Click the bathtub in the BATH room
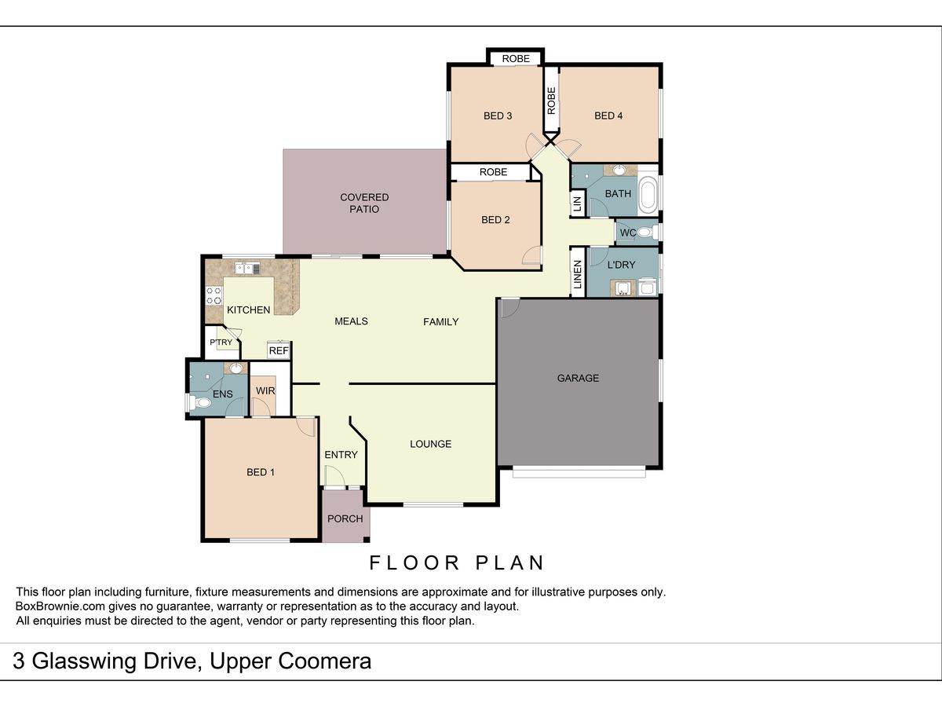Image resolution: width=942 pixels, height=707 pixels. (x=648, y=196)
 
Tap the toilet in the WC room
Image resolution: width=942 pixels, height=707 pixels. (x=646, y=233)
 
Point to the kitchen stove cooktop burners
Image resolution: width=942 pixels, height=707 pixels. (x=214, y=296)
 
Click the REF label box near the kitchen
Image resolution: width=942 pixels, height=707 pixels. (x=279, y=350)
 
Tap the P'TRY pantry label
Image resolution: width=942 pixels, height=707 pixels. (x=221, y=343)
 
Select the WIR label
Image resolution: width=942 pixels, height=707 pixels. (x=265, y=390)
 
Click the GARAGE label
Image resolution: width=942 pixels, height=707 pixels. (x=578, y=378)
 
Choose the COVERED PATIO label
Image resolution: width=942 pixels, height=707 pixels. (x=364, y=203)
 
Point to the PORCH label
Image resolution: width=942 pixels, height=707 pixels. (x=345, y=518)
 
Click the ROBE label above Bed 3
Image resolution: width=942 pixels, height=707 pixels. (x=516, y=58)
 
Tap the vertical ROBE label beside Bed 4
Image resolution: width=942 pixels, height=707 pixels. (x=552, y=101)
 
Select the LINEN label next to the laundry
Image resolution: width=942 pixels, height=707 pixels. (x=578, y=275)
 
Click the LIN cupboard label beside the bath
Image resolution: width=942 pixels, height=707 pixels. (x=577, y=204)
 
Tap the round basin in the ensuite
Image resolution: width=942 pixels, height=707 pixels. (x=236, y=368)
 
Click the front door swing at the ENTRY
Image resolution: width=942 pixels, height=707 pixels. (x=334, y=478)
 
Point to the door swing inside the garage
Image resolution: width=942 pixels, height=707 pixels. (x=509, y=308)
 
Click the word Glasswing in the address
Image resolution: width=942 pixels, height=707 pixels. (x=114, y=661)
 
